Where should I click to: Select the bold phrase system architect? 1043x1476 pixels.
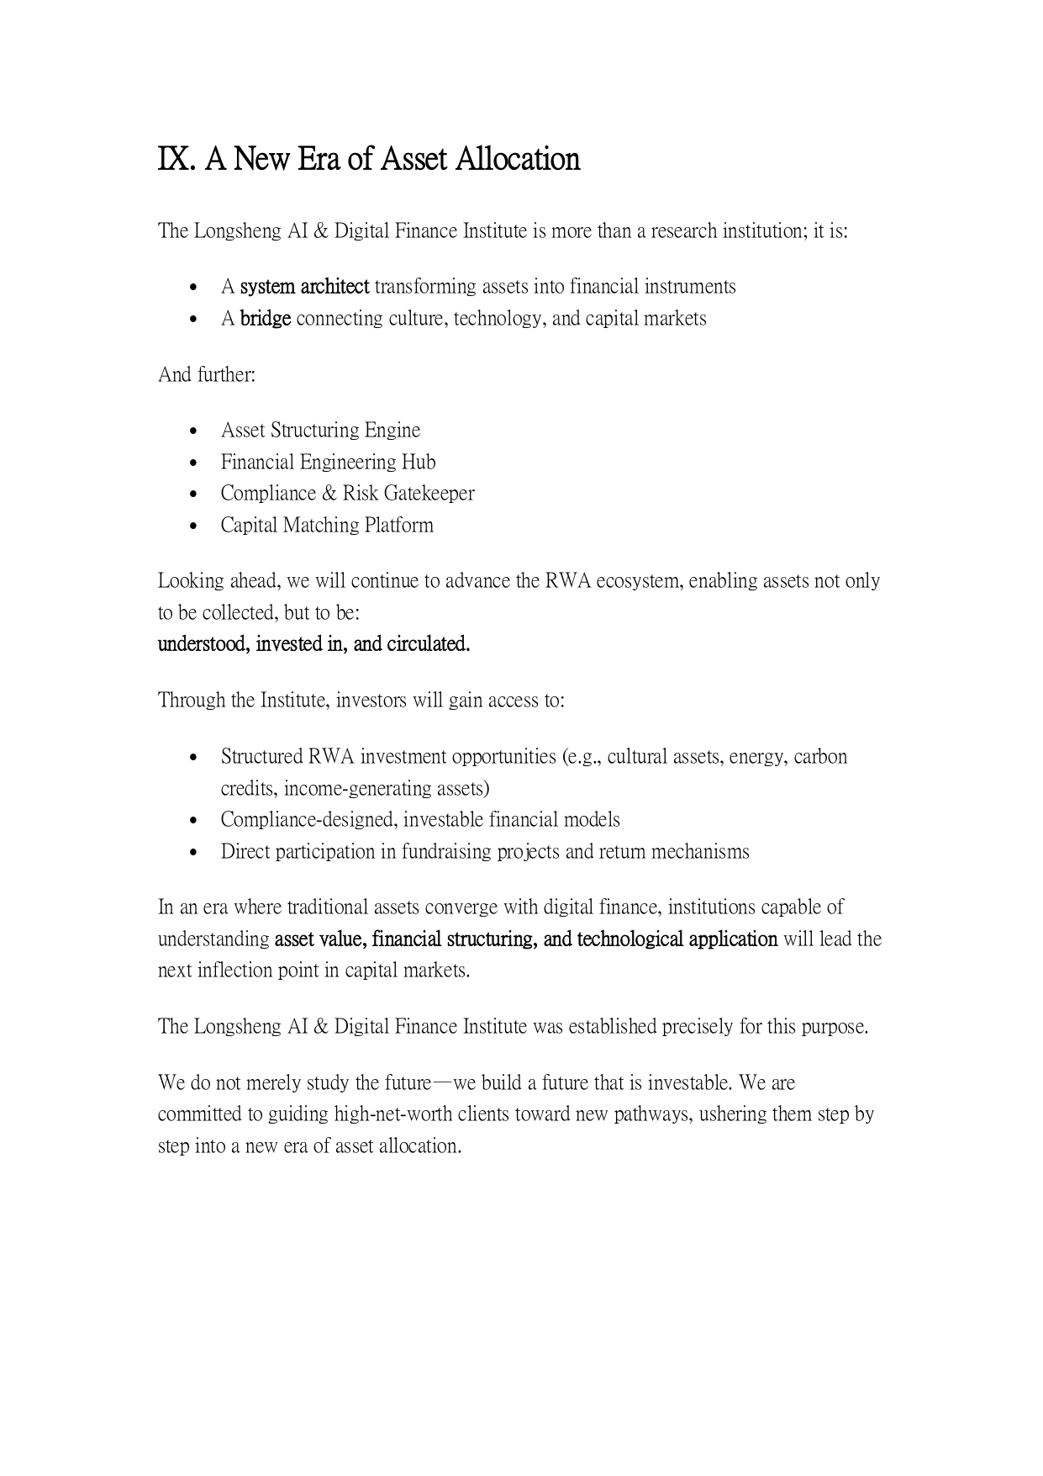coord(304,287)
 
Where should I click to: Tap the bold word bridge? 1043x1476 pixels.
coord(266,319)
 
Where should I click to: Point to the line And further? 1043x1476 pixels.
coord(206,374)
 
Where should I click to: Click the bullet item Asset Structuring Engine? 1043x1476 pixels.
coord(320,431)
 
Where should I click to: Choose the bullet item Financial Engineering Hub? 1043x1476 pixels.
coord(328,462)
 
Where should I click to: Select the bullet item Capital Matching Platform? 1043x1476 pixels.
coord(327,526)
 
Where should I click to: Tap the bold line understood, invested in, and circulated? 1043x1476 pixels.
coord(313,644)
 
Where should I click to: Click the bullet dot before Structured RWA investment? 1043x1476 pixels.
coord(195,758)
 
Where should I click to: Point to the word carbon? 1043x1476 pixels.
coord(820,757)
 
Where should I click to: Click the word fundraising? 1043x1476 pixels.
coord(443,852)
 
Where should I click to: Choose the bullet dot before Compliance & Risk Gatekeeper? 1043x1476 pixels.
coord(195,495)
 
